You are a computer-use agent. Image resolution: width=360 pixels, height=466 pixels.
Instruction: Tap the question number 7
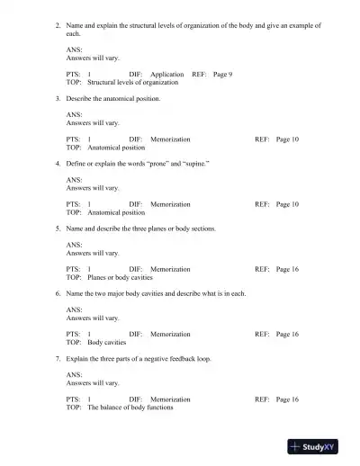(58, 358)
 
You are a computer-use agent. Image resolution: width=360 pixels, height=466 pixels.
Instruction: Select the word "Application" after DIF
(167, 75)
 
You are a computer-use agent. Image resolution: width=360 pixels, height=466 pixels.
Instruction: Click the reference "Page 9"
(222, 75)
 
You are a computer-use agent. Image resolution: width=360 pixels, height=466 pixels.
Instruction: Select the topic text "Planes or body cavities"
(120, 277)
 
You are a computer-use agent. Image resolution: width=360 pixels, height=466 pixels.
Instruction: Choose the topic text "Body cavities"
(106, 342)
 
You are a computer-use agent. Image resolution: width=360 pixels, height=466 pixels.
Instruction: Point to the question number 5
(58, 229)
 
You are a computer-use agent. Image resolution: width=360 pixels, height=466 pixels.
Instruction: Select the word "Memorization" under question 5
(170, 269)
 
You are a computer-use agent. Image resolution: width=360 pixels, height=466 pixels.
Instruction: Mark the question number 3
(58, 99)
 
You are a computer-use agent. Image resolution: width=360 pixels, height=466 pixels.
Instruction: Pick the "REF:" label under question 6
(262, 334)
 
